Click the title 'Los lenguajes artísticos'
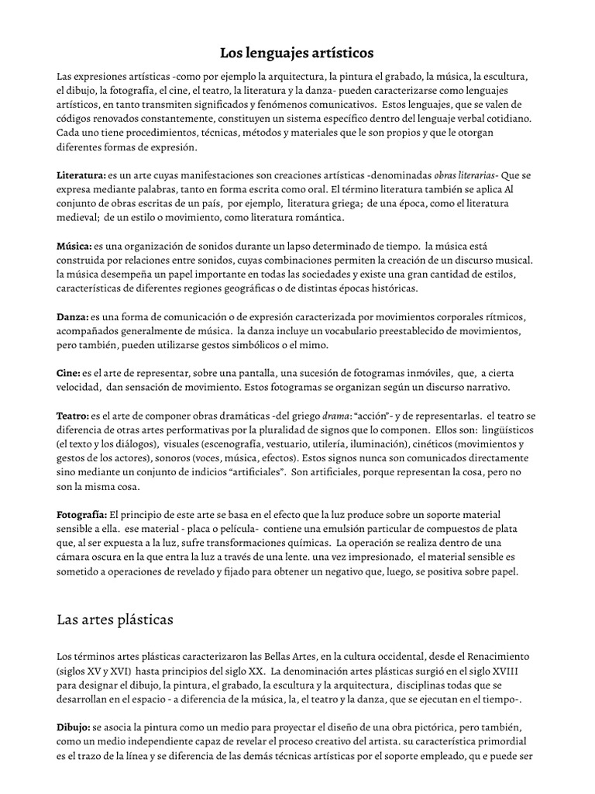pos(297,53)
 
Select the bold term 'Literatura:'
pos(81,176)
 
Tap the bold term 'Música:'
pos(74,246)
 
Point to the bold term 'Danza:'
pos(73,316)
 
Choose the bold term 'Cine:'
pos(69,372)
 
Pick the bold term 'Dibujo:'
pos(74,728)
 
